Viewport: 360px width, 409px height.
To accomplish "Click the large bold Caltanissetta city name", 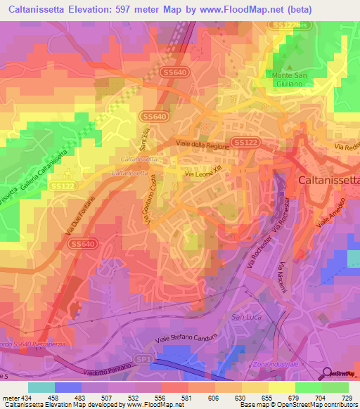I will tap(328, 179).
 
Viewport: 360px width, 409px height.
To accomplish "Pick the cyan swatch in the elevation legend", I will tap(41, 387).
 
